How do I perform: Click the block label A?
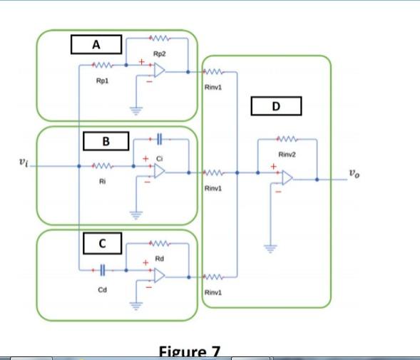[x=96, y=44]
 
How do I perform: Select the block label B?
[x=106, y=141]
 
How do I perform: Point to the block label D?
[x=277, y=106]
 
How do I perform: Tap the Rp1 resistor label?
[x=102, y=81]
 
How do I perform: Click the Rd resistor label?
[x=160, y=259]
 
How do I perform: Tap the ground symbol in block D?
[x=269, y=248]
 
